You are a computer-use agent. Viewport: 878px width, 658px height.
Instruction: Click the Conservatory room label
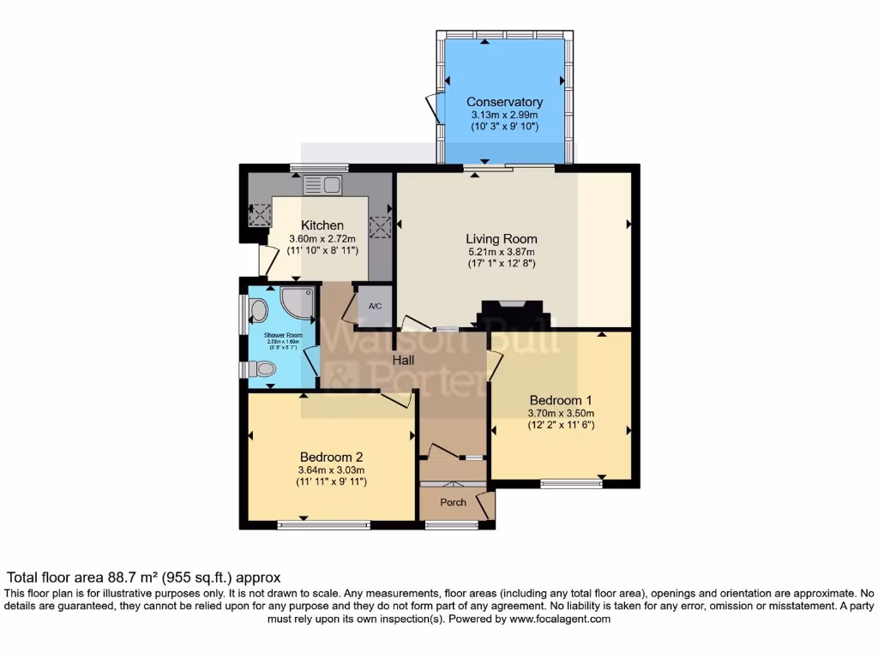504,102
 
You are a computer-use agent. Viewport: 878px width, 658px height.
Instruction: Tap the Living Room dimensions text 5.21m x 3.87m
502,252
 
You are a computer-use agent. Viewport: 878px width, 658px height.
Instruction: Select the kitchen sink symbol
322,184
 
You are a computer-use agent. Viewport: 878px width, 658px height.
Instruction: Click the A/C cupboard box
376,306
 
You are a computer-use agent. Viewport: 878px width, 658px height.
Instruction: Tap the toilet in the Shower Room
261,369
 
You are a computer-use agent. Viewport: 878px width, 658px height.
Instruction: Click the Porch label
453,502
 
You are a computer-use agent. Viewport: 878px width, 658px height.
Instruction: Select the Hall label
405,361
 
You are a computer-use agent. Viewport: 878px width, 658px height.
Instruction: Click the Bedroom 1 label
561,400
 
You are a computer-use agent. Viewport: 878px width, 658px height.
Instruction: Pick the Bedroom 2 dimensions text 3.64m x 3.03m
332,470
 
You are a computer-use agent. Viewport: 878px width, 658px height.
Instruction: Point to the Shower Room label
283,335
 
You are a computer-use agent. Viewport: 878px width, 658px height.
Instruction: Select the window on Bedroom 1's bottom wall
571,484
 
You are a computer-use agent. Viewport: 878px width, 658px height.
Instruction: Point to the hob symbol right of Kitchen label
379,228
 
